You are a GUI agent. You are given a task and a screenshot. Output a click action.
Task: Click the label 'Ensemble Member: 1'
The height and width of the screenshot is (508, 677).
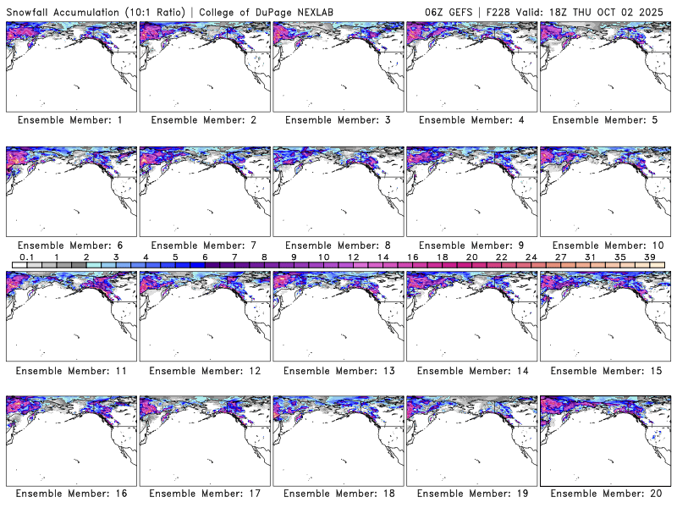coord(70,120)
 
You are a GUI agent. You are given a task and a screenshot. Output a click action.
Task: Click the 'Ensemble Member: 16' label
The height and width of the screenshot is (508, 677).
coord(70,494)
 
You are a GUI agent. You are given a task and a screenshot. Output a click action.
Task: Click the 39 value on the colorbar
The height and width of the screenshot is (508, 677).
coord(650,257)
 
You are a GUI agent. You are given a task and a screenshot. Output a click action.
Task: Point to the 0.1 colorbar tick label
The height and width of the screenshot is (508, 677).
coord(26,257)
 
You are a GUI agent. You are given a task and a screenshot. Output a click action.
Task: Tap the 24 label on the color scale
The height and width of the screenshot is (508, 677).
coord(531,257)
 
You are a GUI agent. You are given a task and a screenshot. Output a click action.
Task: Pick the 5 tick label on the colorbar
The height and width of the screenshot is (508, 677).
coord(175,257)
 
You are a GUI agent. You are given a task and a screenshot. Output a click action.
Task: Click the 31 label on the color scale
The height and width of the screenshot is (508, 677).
coord(591,257)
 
